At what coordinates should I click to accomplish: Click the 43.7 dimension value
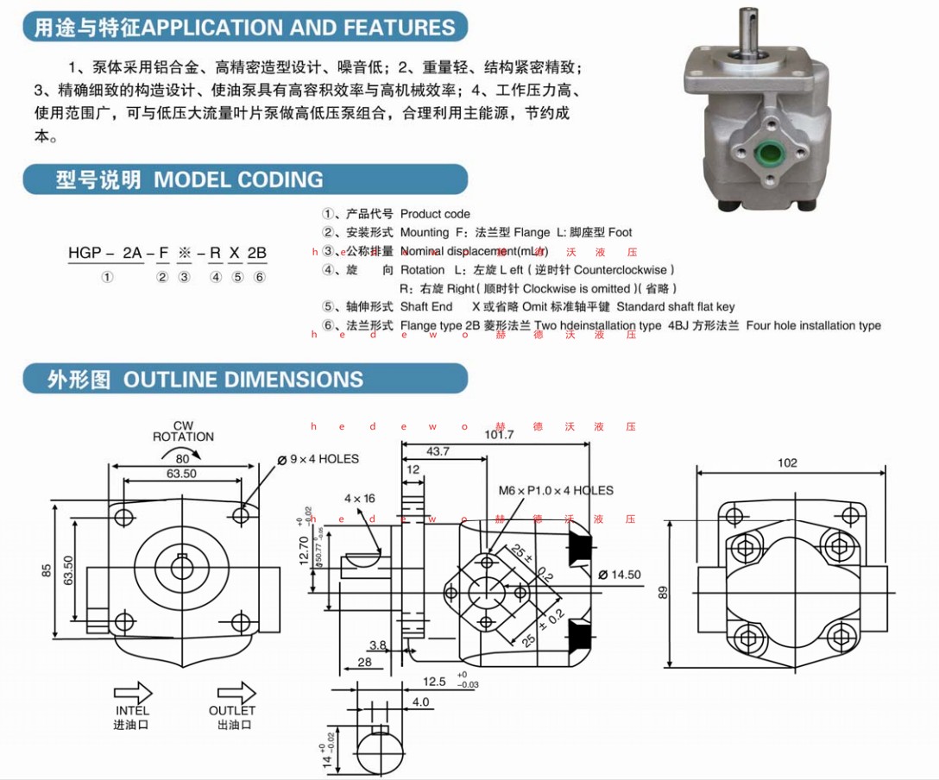[438, 452]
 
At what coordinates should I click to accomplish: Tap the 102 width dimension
[787, 462]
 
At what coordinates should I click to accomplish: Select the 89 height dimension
[663, 592]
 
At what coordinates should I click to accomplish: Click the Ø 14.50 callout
[620, 574]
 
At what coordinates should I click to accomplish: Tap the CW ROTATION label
[183, 431]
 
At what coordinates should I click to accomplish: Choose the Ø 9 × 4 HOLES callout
[318, 459]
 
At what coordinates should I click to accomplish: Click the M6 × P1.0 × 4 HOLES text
[555, 490]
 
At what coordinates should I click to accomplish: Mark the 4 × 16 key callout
[360, 499]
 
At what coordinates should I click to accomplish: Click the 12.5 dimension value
[435, 682]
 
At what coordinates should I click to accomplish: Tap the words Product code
[435, 214]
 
